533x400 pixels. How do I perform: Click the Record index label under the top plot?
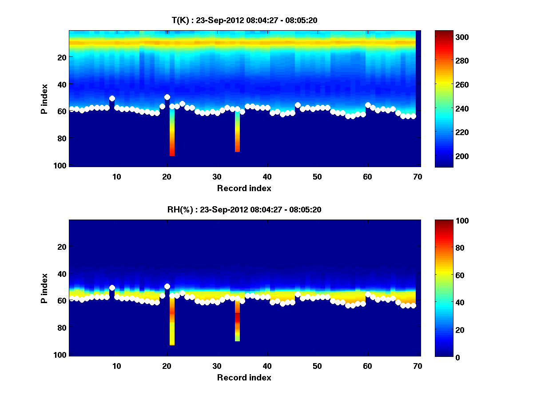click(x=244, y=188)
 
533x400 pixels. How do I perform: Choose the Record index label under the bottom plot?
click(x=244, y=377)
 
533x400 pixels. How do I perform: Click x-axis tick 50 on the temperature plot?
click(x=317, y=176)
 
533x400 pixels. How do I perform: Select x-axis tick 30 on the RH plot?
click(x=217, y=366)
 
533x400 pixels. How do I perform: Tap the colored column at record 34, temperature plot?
click(x=237, y=133)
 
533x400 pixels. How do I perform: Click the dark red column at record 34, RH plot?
click(x=237, y=317)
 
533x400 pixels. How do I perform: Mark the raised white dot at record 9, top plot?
click(x=112, y=98)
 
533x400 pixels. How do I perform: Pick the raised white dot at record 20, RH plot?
click(x=167, y=287)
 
